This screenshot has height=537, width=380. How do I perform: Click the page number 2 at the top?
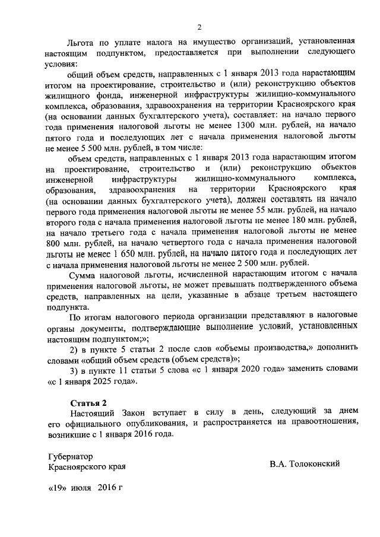pos(200,26)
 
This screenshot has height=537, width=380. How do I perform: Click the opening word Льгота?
pos(82,44)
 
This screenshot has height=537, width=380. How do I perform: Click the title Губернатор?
pos(71,456)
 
